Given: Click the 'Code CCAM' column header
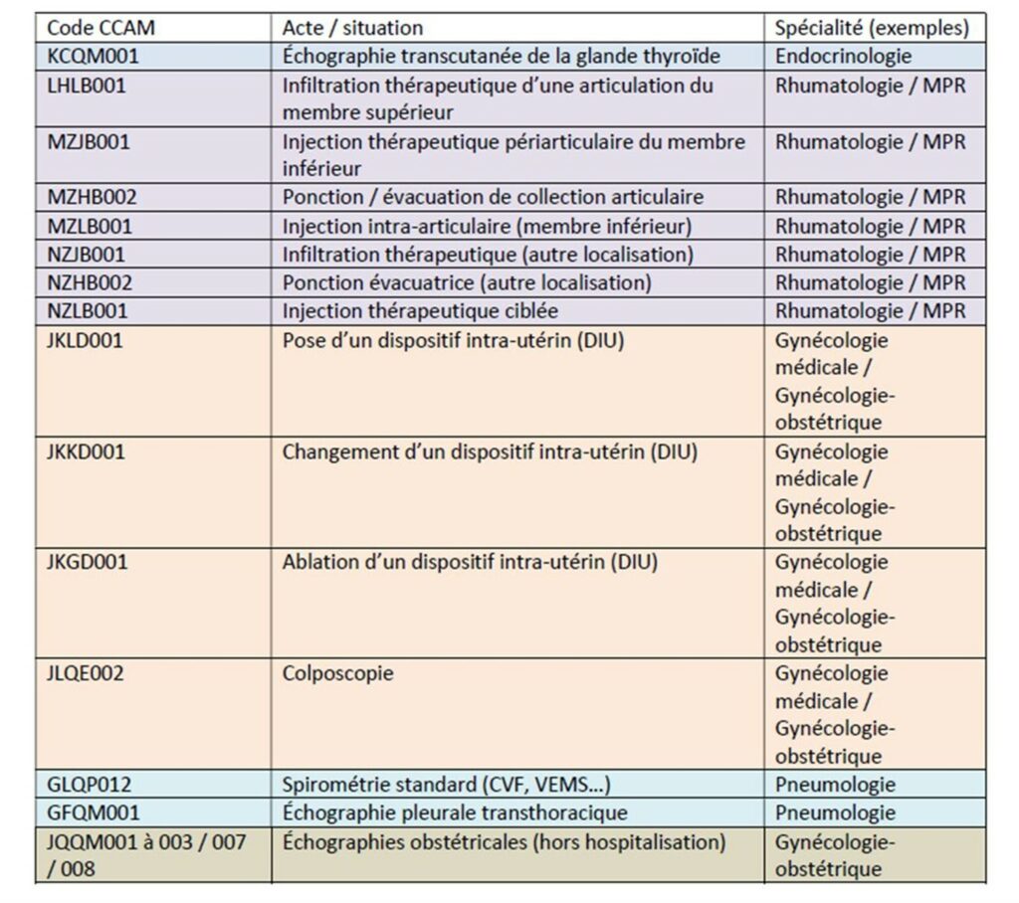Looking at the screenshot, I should pos(101,28).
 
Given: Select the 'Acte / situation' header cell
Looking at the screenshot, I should pos(352,28).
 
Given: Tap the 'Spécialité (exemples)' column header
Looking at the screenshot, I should pos(872,28).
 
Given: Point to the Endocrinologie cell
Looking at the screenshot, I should pos(843,57).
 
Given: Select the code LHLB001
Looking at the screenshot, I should pos(88,86).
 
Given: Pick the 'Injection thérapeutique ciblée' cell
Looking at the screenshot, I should pos(420,311).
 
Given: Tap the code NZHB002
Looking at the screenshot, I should pos(90,283).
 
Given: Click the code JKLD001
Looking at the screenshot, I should pos(87,340).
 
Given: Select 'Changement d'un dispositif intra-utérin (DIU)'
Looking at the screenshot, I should pos(490,451).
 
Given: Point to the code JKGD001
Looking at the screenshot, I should pos(88,563).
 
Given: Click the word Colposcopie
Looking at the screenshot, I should pos(337,673).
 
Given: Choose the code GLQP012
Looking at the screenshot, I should pos(89,785).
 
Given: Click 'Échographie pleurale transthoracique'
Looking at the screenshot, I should pos(455,813).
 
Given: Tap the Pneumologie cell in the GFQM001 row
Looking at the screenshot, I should pos(835,813).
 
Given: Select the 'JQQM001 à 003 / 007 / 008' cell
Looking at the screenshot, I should pos(146,855).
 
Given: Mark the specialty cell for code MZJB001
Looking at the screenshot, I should pos(870,141).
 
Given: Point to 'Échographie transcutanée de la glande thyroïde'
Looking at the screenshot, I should pos(501,57).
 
